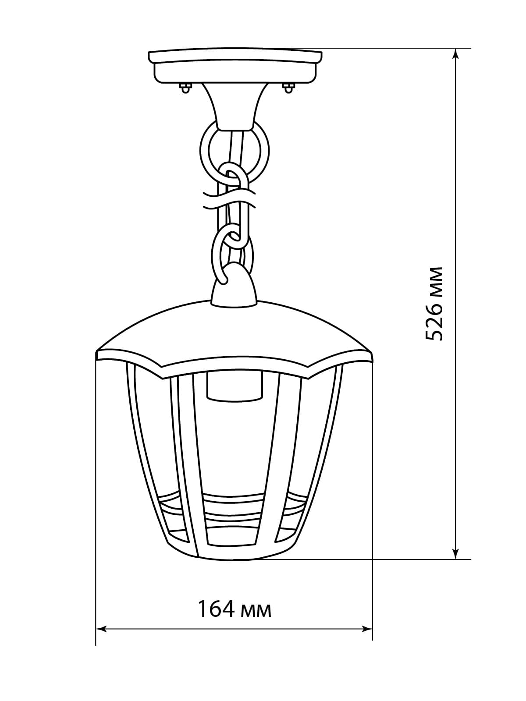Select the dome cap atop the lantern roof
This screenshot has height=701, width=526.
click(x=234, y=285)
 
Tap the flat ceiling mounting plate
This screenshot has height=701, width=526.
click(x=235, y=66)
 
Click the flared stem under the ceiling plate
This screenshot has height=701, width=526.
click(x=235, y=106)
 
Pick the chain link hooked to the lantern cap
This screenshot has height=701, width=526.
click(x=232, y=255)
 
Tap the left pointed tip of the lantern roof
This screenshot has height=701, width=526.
click(x=96, y=353)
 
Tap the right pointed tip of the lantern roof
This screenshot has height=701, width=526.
click(x=373, y=353)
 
